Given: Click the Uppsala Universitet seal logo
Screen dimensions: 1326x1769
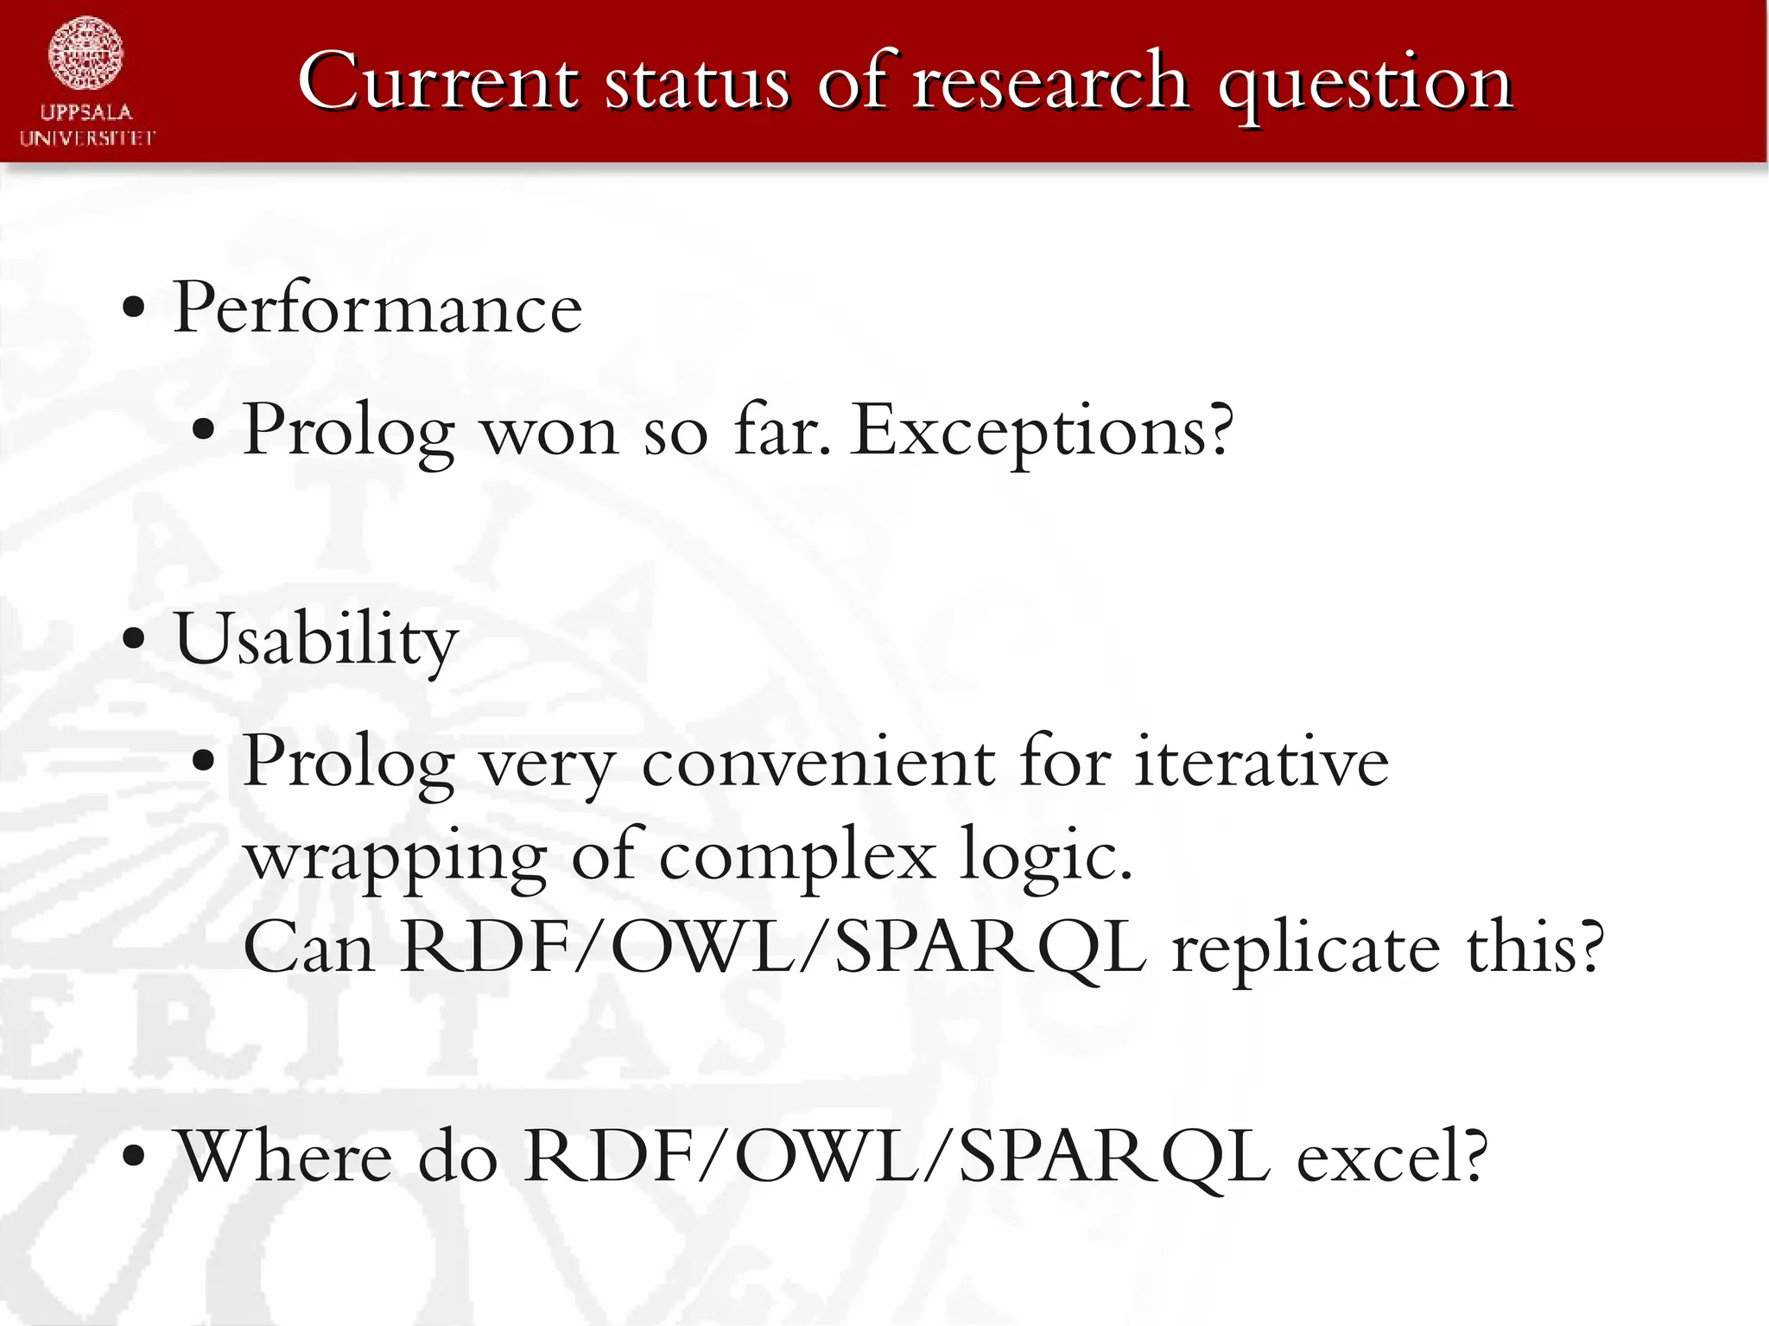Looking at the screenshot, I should point(86,54).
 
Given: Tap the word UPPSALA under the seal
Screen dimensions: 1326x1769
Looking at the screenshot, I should point(86,112).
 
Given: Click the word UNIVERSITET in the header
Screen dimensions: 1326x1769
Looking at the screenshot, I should point(87,138).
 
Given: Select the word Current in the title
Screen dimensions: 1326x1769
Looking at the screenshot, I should point(438,82).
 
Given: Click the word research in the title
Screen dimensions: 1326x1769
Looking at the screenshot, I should point(1049,82).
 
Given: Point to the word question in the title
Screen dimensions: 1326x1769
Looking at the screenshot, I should point(1365,85).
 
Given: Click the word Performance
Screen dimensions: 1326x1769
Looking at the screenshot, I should point(377,308).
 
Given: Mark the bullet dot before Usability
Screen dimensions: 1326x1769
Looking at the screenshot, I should point(134,640).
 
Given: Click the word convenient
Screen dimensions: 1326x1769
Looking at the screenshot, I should point(819,762).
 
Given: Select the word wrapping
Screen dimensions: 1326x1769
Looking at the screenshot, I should point(396,857).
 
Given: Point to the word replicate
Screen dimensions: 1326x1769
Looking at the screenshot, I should point(1305,948).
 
